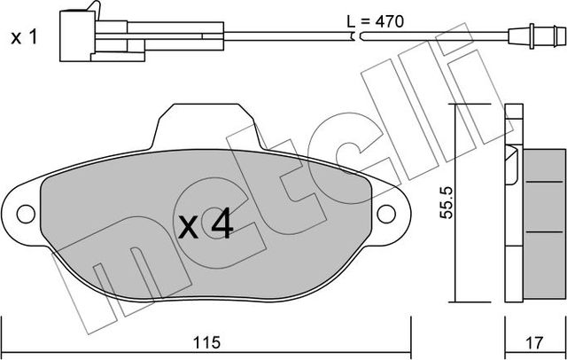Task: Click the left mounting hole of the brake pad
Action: pos(26,214)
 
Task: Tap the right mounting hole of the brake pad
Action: pos(386,214)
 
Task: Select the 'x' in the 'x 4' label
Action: pos(189,228)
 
